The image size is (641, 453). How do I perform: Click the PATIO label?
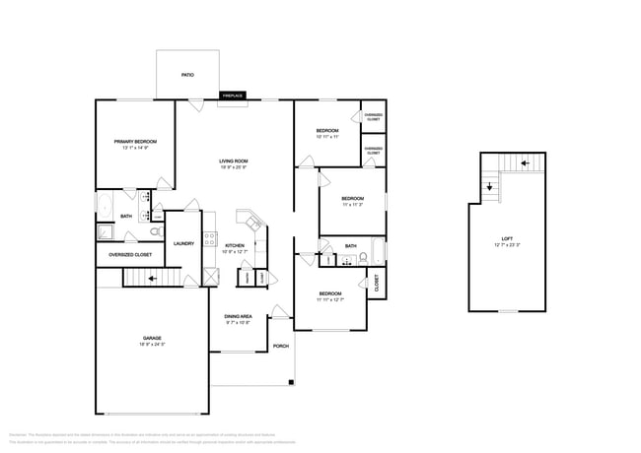pos(186,75)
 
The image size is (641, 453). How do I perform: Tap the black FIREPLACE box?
pos(233,96)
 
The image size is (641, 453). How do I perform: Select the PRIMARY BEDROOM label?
pos(135,142)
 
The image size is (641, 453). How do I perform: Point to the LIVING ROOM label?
pos(233,162)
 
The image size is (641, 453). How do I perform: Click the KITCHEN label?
pos(234,245)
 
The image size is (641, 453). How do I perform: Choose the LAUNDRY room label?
pos(183,243)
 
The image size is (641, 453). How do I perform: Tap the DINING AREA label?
pos(238,317)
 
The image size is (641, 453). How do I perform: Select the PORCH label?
pos(280,346)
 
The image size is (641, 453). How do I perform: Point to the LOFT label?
pos(507,239)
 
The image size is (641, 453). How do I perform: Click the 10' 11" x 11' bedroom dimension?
pos(327,137)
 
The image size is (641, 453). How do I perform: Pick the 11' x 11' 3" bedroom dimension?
pos(353,204)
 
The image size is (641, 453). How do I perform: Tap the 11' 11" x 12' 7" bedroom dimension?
pos(329,298)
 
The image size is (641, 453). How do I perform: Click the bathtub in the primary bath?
pos(105,207)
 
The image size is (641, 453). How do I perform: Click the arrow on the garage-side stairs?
pos(150,279)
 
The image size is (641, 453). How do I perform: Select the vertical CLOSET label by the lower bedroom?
pos(377,283)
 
